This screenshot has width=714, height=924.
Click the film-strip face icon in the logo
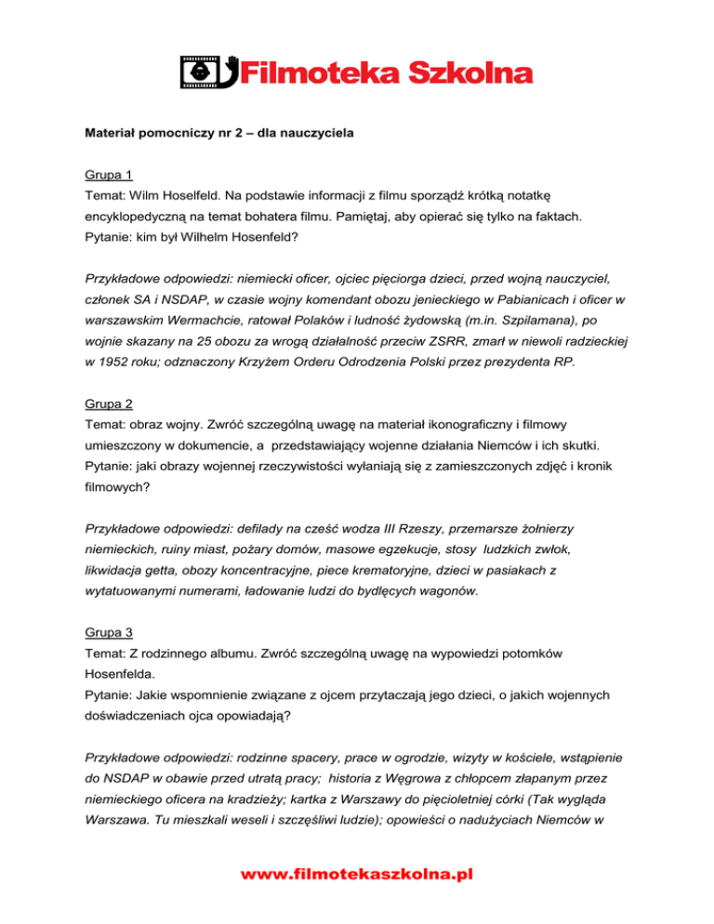[195, 73]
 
